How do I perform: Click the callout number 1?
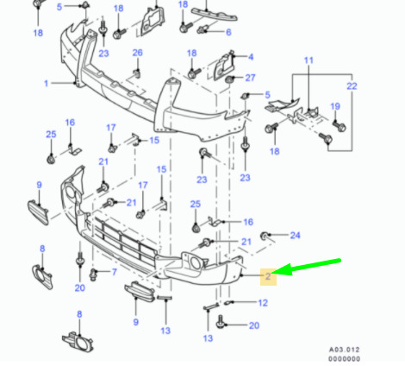[x=46, y=84]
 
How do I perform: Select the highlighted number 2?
[x=268, y=276]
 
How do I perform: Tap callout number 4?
[x=251, y=57]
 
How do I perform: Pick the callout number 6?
[x=228, y=32]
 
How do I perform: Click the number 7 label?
[x=115, y=272]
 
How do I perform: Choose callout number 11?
[x=308, y=60]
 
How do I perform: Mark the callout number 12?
[x=263, y=303]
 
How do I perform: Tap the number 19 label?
[x=335, y=106]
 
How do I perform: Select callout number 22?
[x=352, y=86]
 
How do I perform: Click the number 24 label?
[x=295, y=236]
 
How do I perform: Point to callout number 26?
[x=137, y=53]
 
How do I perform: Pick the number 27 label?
[x=250, y=78]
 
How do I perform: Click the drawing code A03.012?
[x=344, y=350]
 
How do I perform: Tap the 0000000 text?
[x=344, y=359]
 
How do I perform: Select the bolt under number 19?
[x=340, y=126]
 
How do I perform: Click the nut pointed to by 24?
[x=264, y=236]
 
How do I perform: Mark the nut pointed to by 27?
[x=229, y=79]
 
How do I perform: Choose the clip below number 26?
[x=137, y=73]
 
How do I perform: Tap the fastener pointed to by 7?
[x=93, y=274]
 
